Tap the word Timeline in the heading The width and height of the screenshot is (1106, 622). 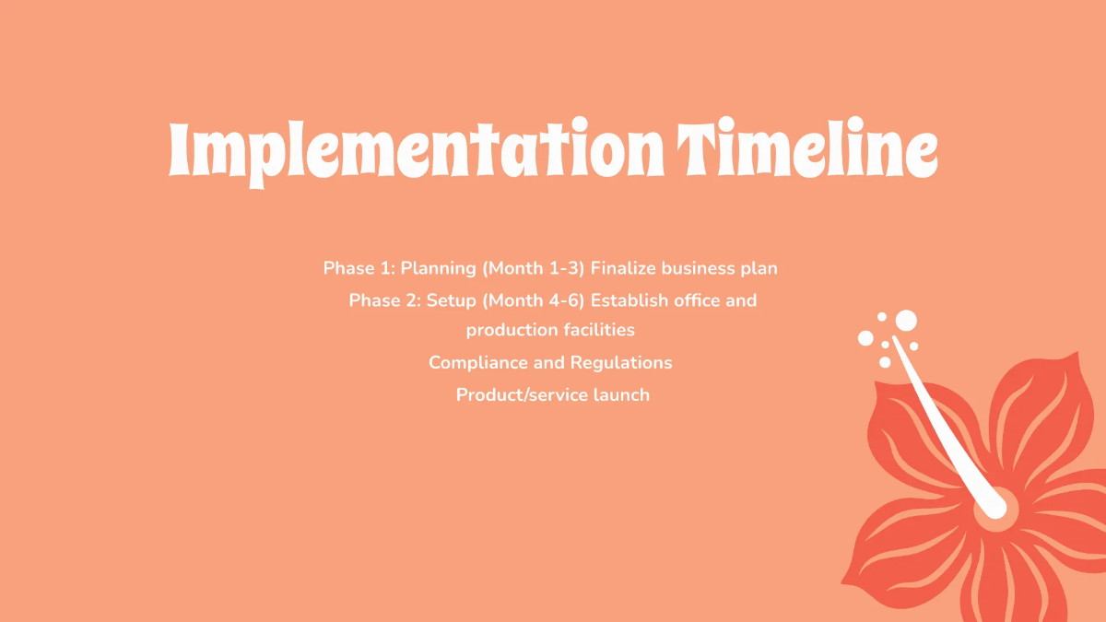[x=808, y=150]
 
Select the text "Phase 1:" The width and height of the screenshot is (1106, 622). [x=359, y=269]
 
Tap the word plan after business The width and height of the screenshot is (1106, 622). [x=759, y=269]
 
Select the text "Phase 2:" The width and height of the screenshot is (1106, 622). [x=384, y=300]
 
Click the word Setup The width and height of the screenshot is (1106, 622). [x=452, y=301]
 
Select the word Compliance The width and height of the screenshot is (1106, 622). [x=477, y=363]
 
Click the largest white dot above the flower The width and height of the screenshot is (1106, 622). [x=906, y=320]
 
